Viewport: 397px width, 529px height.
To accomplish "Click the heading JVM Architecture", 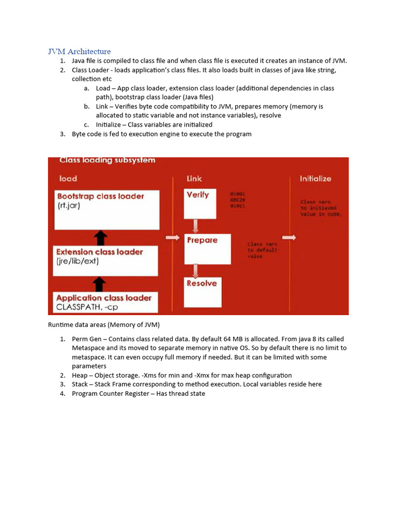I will (x=79, y=51).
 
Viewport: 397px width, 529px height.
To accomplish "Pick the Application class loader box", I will (x=106, y=302).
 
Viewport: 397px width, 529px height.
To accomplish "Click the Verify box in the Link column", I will (x=200, y=203).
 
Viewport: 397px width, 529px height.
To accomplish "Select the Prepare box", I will (x=207, y=248).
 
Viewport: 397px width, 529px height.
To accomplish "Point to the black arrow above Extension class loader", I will (x=101, y=238).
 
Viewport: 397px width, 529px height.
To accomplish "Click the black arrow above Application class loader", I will (x=101, y=284).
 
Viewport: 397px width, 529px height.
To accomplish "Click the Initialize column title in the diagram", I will (x=315, y=179).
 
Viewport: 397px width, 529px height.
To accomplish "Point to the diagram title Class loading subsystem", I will (x=107, y=161).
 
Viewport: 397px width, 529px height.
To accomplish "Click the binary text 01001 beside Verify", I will (x=238, y=194).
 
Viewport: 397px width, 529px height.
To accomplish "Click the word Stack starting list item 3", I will (x=80, y=384).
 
